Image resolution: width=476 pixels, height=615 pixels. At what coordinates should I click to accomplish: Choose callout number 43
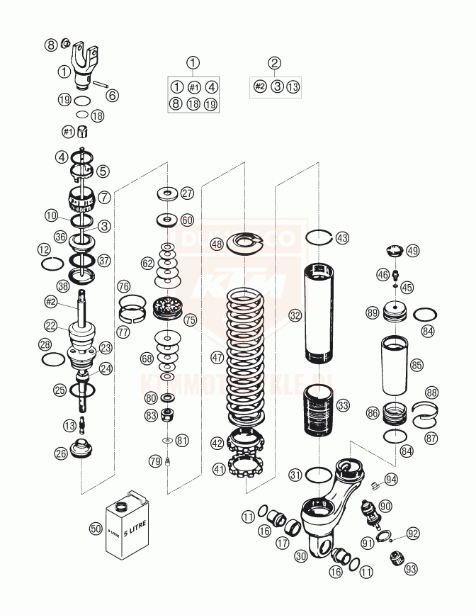(342, 238)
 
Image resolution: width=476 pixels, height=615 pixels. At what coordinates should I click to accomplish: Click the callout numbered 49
(413, 250)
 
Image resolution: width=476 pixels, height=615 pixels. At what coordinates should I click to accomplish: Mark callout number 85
(416, 365)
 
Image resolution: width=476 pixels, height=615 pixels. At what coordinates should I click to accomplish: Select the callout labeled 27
(186, 193)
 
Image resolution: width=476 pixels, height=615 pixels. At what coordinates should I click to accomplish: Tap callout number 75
(190, 320)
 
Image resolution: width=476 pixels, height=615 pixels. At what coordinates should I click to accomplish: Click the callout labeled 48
(216, 244)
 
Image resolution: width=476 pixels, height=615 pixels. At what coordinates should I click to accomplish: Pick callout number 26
(61, 453)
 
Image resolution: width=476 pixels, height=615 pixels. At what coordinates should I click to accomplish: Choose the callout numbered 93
(411, 568)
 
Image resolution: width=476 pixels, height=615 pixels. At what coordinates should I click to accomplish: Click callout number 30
(301, 557)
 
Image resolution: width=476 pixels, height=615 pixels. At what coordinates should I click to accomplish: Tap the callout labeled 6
(113, 95)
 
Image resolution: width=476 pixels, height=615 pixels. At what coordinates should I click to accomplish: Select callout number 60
(186, 220)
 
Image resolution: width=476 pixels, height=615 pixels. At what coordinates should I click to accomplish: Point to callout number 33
(343, 406)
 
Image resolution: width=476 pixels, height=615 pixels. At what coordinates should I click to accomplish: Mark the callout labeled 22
(50, 325)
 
